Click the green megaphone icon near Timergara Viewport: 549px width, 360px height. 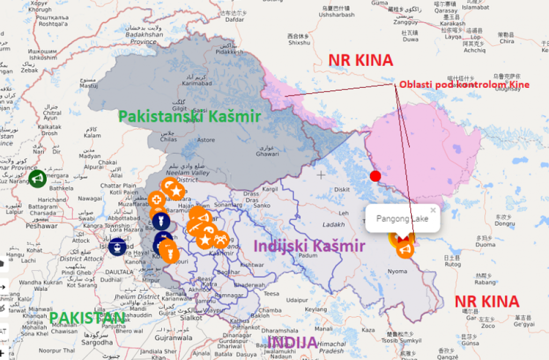[x=37, y=178]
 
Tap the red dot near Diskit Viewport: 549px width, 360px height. [x=375, y=176]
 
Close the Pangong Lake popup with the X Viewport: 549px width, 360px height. [x=433, y=211]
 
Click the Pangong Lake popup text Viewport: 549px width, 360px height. [x=402, y=219]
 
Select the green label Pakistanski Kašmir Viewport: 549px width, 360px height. [x=189, y=116]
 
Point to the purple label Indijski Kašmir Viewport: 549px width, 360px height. [x=309, y=246]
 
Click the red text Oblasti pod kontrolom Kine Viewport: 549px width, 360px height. [x=464, y=85]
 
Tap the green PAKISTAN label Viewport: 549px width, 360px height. [x=87, y=318]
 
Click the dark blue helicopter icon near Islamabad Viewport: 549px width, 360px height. [x=117, y=246]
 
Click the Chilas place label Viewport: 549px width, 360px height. [x=169, y=139]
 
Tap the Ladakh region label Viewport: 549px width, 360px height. [x=334, y=224]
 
